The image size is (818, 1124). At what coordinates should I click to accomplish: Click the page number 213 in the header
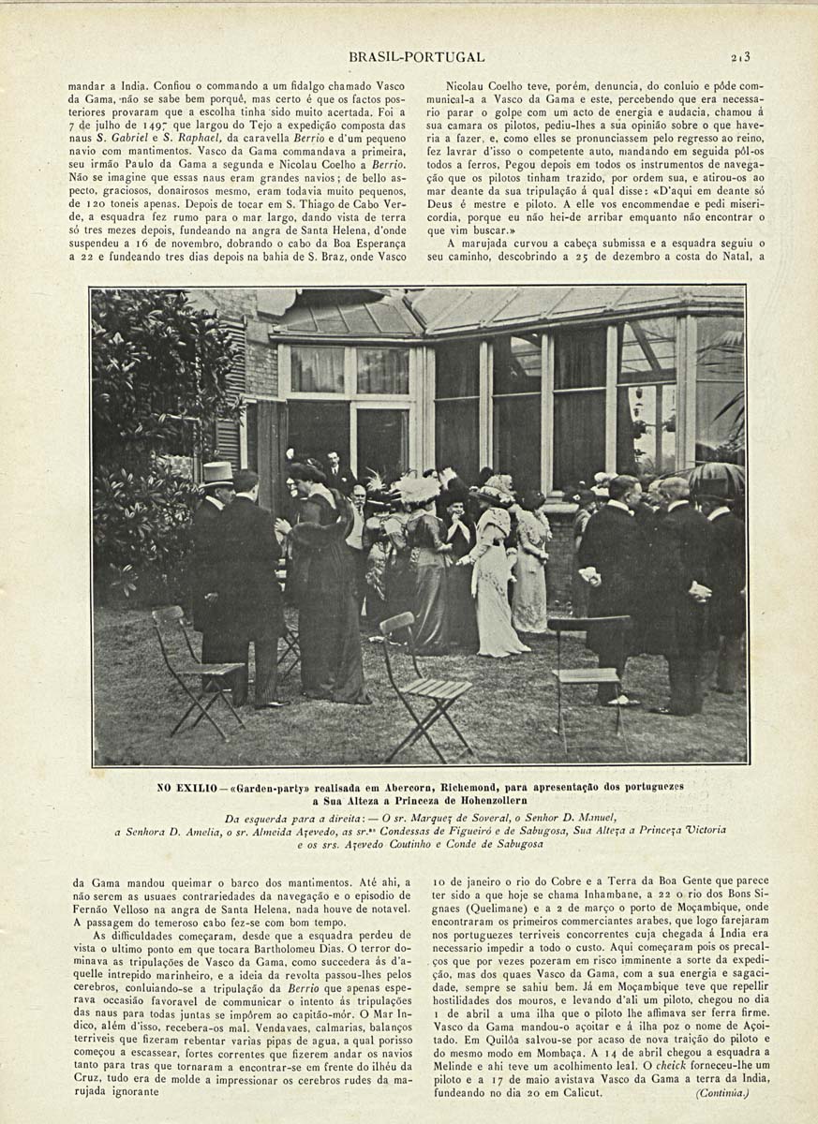pyautogui.click(x=743, y=56)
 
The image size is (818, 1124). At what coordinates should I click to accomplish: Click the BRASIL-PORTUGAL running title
pyautogui.click(x=416, y=57)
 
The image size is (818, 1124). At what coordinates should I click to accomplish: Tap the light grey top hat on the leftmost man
pyautogui.click(x=216, y=472)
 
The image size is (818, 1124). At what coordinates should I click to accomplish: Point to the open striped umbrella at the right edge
pyautogui.click(x=718, y=479)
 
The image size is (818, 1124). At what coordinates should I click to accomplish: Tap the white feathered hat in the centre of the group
pyautogui.click(x=418, y=488)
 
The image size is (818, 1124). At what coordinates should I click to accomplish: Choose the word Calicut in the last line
pyautogui.click(x=582, y=1093)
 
